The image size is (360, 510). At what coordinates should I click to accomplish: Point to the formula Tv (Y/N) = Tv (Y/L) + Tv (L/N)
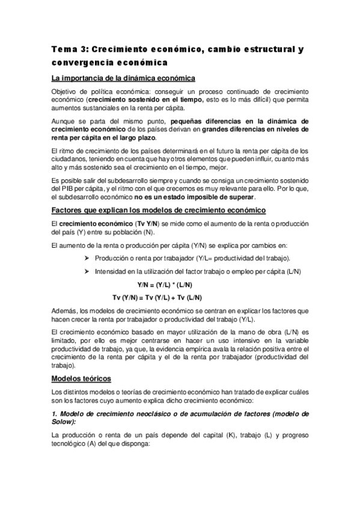click(x=157, y=298)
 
